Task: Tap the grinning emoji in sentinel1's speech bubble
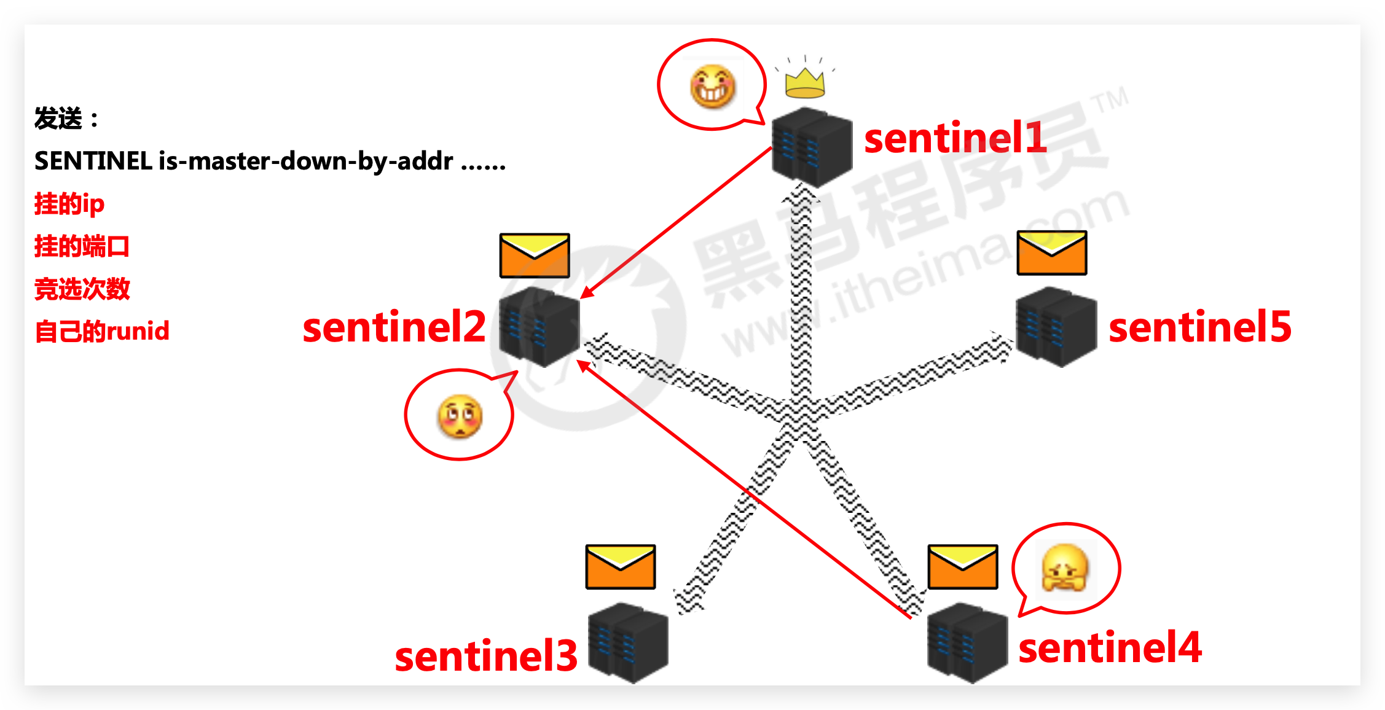point(713,87)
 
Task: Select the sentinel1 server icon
point(812,147)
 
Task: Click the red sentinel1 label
point(955,138)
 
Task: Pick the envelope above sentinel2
point(535,256)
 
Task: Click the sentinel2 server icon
point(539,326)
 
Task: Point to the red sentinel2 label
point(394,327)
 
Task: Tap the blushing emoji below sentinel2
point(460,416)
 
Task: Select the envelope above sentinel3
point(621,566)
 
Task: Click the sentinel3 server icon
point(628,642)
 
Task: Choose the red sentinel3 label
point(485,656)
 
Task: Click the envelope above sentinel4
point(962,566)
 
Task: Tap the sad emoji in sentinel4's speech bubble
point(1065,568)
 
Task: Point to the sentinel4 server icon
point(967,642)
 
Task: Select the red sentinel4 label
point(1110,647)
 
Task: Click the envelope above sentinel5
point(1052,252)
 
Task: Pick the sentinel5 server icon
point(1056,326)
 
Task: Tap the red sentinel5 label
point(1199,327)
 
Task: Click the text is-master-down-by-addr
point(305,162)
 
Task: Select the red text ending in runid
point(102,331)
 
